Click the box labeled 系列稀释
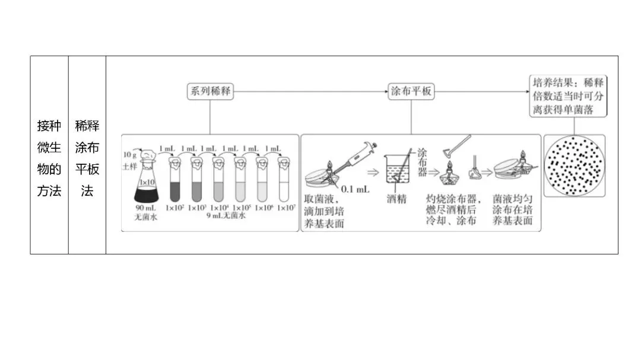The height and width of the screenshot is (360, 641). (x=210, y=91)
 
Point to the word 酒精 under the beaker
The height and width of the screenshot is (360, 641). (x=396, y=199)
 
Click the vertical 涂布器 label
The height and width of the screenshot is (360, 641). (x=423, y=162)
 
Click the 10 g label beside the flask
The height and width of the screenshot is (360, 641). (x=130, y=154)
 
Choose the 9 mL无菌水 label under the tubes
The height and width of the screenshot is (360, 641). (x=226, y=216)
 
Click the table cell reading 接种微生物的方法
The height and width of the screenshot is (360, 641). (x=49, y=158)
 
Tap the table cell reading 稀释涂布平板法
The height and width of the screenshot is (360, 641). (x=87, y=158)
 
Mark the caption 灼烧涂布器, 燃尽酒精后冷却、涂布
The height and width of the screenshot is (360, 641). (x=453, y=211)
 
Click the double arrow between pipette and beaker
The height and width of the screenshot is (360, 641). (x=373, y=173)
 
